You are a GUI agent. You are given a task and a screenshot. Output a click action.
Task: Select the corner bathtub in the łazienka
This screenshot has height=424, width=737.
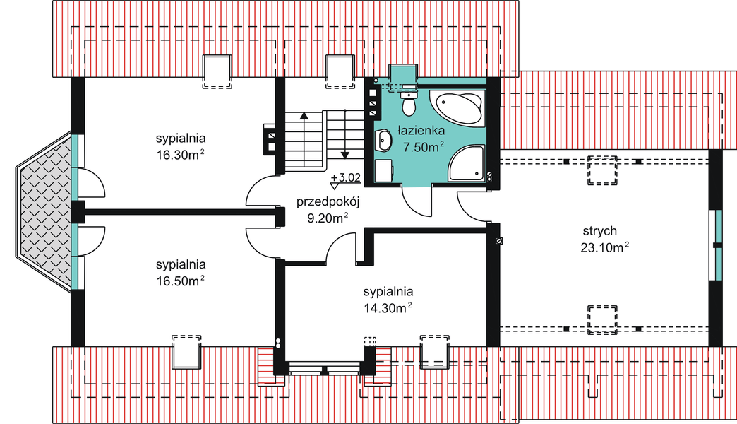(x=460, y=107)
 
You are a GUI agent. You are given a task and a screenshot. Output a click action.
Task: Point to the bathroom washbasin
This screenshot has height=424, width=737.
(x=384, y=141)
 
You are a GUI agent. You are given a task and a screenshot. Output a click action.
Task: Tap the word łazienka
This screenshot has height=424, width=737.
(x=420, y=131)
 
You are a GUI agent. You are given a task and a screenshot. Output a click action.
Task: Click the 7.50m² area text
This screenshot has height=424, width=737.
(x=422, y=147)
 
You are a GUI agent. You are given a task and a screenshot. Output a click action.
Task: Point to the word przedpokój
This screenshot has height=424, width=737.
(x=328, y=201)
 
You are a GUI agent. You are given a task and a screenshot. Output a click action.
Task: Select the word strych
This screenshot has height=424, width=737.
(x=600, y=231)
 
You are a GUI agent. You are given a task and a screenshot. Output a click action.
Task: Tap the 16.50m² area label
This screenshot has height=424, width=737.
(x=181, y=281)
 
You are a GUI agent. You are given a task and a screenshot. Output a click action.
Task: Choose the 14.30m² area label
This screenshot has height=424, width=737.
(x=388, y=308)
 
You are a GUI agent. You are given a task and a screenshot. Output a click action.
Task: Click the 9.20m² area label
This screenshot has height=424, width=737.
(x=328, y=218)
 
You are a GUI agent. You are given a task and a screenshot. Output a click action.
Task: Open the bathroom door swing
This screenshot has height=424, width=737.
(x=417, y=201)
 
